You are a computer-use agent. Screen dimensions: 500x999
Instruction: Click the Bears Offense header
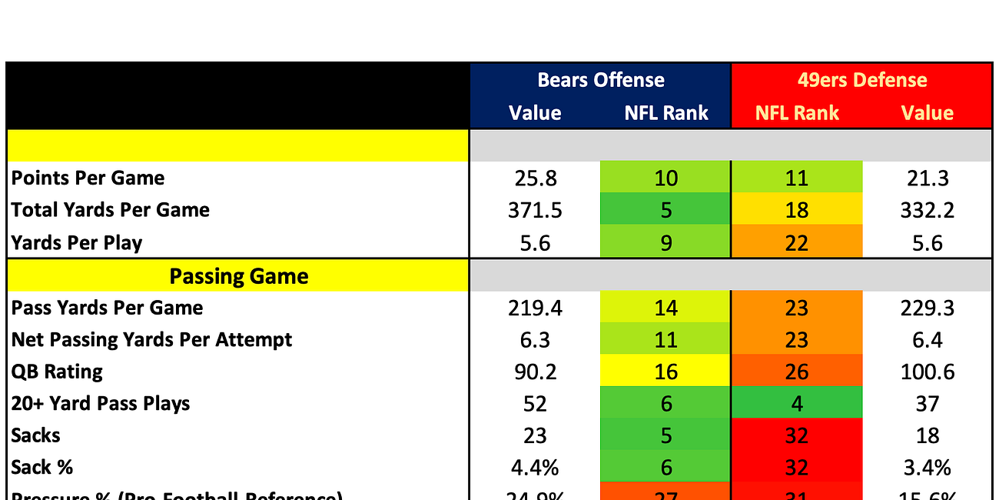tap(600, 80)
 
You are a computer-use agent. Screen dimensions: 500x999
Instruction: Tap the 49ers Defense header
tap(862, 80)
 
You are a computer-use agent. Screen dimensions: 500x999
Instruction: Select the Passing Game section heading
tap(238, 276)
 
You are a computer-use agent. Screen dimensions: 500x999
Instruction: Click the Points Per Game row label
tap(88, 178)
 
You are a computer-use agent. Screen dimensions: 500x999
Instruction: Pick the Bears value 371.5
tap(535, 210)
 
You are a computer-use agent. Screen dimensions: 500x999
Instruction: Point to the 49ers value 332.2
tap(928, 210)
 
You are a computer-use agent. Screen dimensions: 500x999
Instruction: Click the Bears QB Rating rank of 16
tap(665, 372)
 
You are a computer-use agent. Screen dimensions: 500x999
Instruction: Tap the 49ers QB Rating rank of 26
tap(797, 372)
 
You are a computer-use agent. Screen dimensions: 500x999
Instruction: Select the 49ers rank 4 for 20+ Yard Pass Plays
tap(797, 404)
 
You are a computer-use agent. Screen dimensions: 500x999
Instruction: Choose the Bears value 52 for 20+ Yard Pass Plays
tap(535, 404)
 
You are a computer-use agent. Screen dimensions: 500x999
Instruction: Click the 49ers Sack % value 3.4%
tap(928, 467)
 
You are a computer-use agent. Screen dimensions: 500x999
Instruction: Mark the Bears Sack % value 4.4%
tap(535, 467)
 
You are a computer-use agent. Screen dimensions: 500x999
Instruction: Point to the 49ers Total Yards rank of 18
tap(797, 210)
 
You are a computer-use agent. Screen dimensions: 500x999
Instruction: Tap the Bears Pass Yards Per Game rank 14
tap(665, 308)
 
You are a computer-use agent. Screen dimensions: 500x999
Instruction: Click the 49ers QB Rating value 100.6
tap(928, 372)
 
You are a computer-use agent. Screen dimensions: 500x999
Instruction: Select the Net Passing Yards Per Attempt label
tap(152, 339)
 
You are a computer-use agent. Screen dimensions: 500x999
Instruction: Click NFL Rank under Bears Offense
tap(665, 113)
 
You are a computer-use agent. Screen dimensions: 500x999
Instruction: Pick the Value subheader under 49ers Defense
tap(928, 113)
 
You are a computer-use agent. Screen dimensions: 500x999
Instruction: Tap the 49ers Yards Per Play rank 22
tap(797, 243)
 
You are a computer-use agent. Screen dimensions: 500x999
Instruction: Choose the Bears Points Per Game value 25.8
tap(535, 178)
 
